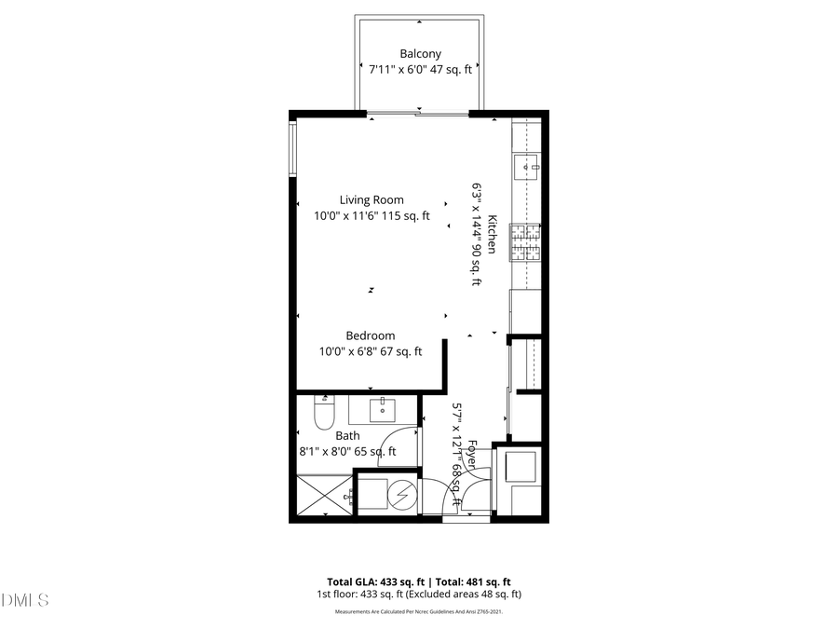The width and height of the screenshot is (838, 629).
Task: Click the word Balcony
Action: pos(420,54)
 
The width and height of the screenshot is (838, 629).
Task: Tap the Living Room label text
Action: pos(371,199)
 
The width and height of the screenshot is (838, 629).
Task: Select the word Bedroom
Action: pos(371,335)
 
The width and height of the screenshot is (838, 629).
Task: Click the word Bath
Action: pos(347,435)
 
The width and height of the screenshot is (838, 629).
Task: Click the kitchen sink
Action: pos(528,168)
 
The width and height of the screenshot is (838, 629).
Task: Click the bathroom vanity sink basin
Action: pos(382,408)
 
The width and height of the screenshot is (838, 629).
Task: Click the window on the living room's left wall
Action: pos(292,150)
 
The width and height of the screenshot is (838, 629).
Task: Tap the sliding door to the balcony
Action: pos(416,114)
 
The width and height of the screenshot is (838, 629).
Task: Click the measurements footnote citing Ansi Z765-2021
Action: pos(419,612)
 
